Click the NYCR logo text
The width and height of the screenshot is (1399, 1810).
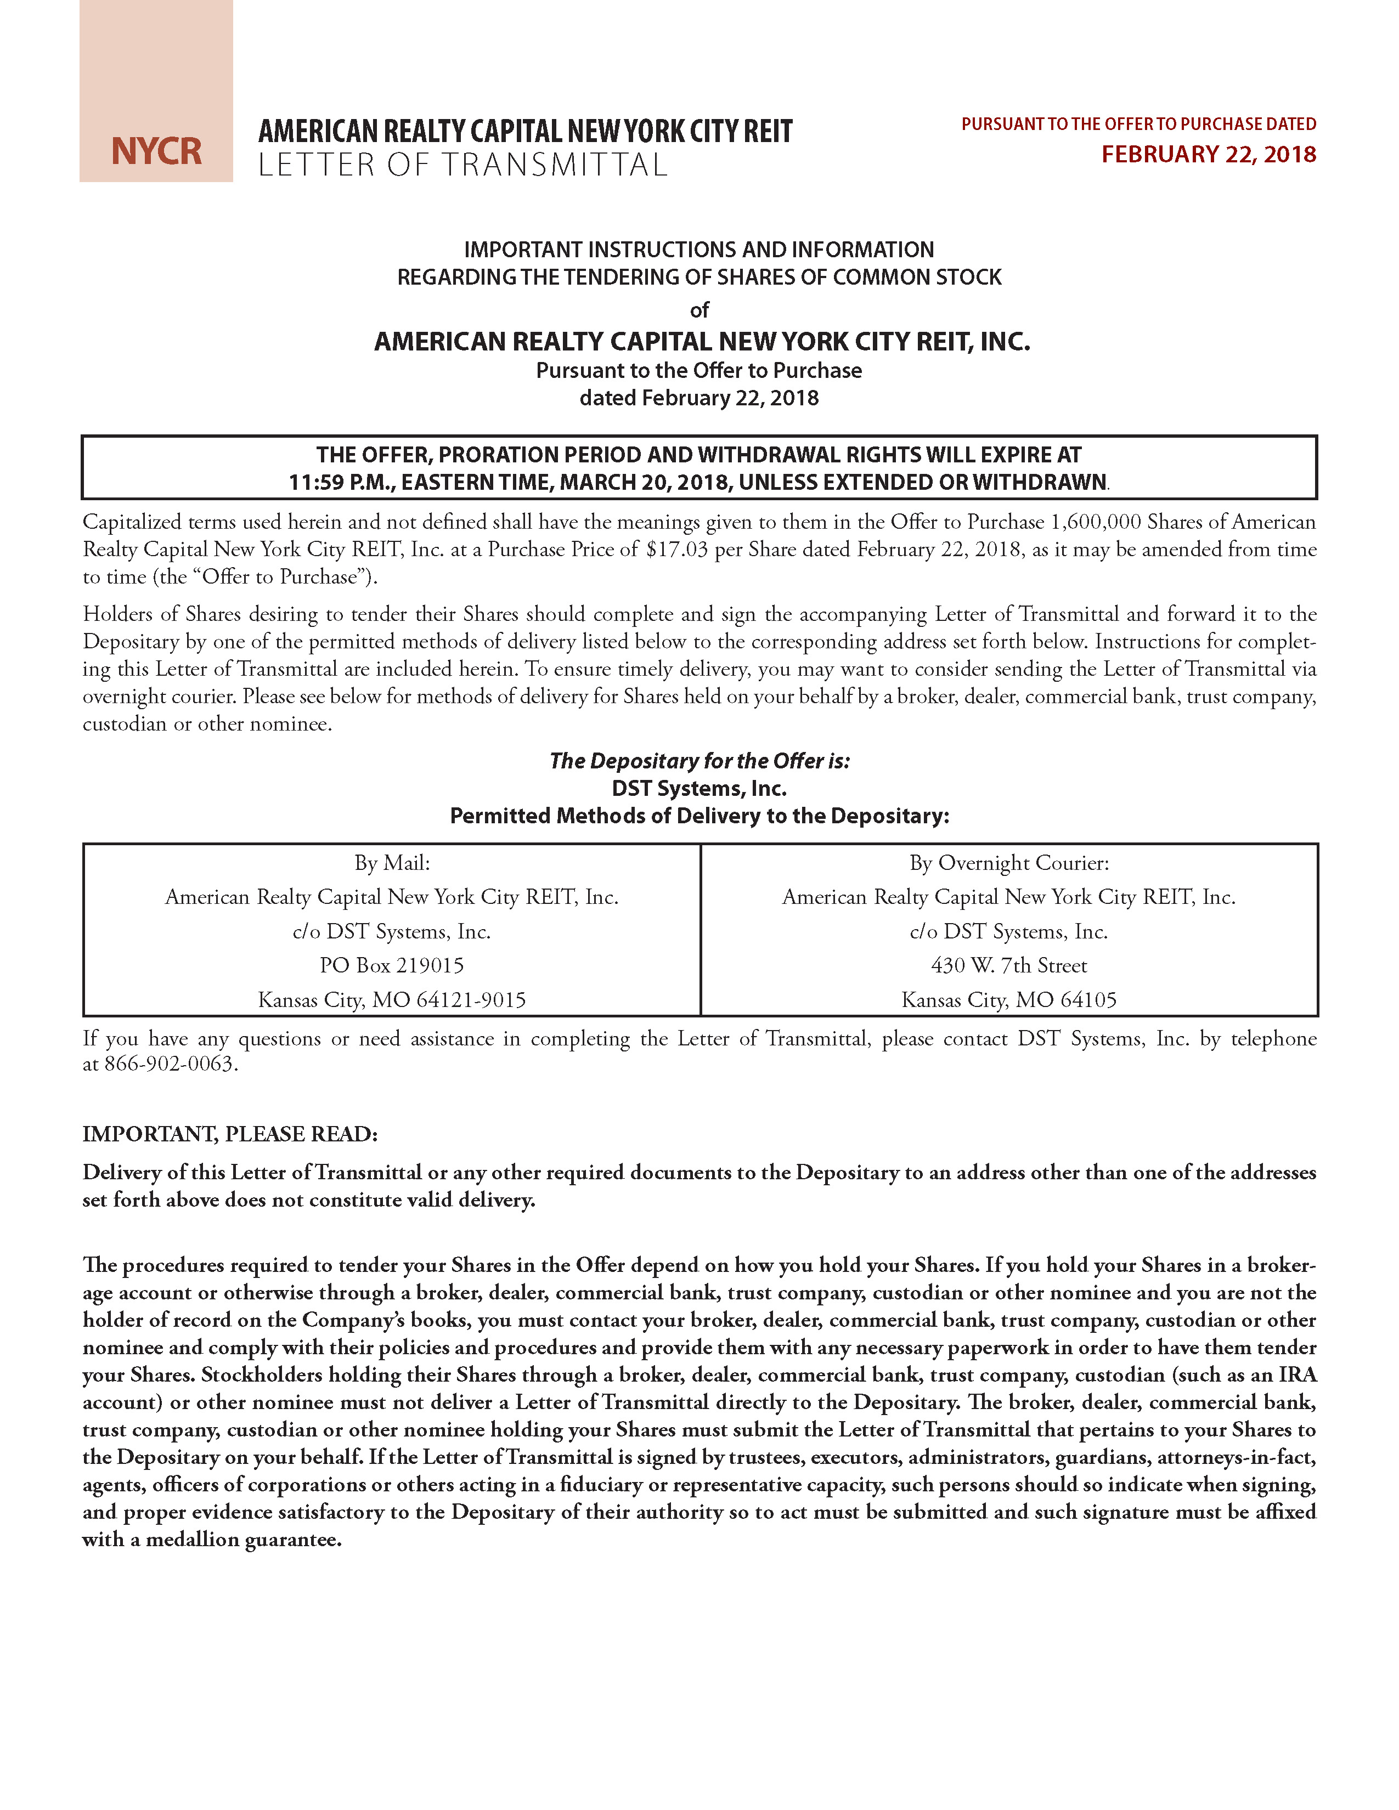click(x=157, y=151)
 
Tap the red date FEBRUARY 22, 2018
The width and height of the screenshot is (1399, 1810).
click(x=1209, y=155)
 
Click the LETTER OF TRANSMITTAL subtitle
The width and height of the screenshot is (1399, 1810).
click(x=462, y=165)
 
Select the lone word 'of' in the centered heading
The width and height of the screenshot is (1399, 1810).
click(x=699, y=310)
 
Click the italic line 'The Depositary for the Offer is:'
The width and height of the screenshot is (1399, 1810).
click(x=699, y=761)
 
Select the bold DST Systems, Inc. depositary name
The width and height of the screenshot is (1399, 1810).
click(x=699, y=788)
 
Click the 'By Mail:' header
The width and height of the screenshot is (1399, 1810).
click(x=392, y=863)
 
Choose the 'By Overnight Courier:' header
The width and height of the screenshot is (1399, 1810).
click(x=1008, y=863)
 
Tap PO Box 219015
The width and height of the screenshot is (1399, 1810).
click(x=392, y=965)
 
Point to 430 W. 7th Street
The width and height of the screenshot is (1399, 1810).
click(x=1008, y=965)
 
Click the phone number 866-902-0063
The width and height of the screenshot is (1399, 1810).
click(x=170, y=1064)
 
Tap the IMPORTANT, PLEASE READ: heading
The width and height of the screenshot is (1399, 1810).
click(x=229, y=1134)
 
